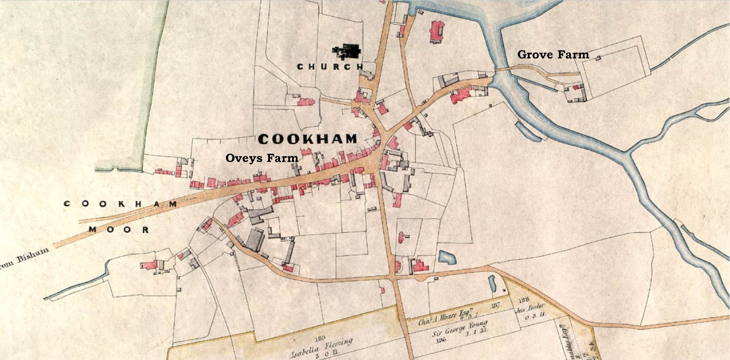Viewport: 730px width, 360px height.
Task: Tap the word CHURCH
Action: (330, 67)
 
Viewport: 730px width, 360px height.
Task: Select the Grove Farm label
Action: (553, 55)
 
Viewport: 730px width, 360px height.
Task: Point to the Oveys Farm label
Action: (262, 158)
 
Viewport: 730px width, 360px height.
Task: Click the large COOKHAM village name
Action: (308, 139)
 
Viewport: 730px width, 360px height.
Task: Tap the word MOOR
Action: (119, 230)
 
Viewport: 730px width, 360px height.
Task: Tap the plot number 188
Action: (523, 300)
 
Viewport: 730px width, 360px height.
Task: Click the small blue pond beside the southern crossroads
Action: (447, 258)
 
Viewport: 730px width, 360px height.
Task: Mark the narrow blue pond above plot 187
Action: (492, 283)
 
